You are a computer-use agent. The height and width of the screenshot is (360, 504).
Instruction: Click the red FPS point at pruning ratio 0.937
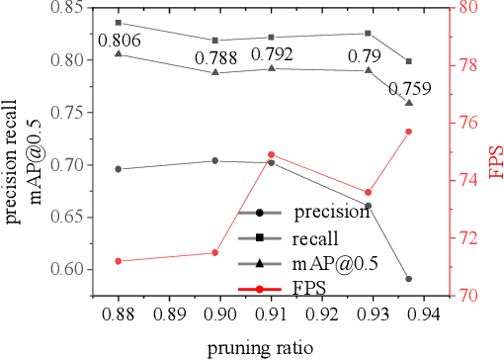pyautogui.click(x=409, y=132)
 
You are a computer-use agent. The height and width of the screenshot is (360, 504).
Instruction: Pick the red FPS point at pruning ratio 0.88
pyautogui.click(x=119, y=261)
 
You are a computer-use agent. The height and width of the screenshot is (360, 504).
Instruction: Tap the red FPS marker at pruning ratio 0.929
pyautogui.click(x=369, y=193)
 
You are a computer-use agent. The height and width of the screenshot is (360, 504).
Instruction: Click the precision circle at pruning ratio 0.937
pyautogui.click(x=409, y=279)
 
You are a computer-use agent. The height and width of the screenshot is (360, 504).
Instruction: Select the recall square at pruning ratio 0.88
pyautogui.click(x=119, y=22)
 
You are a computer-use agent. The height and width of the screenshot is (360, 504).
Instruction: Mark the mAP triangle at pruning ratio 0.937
pyautogui.click(x=409, y=103)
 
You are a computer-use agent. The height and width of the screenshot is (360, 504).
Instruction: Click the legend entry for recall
pyautogui.click(x=314, y=238)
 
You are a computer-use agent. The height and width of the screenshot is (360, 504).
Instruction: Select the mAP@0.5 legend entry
pyautogui.click(x=326, y=264)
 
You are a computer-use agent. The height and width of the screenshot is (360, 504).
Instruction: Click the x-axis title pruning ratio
pyautogui.click(x=261, y=347)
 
